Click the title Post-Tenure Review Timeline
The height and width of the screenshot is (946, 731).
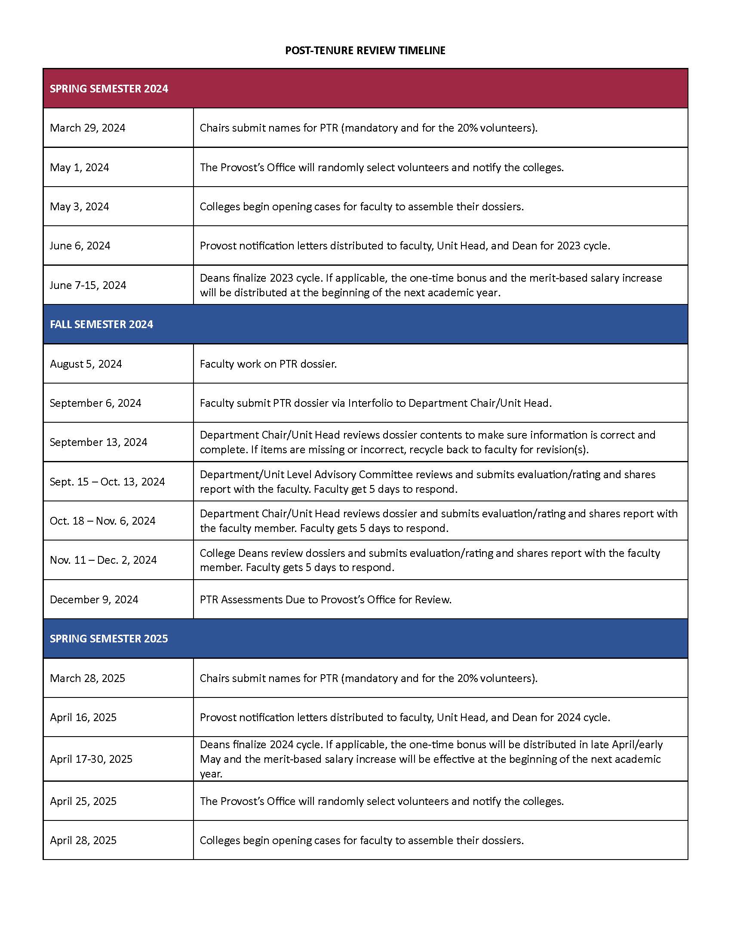(x=365, y=51)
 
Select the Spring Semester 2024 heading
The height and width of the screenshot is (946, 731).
(x=109, y=89)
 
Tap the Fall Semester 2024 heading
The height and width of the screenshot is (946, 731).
(x=101, y=324)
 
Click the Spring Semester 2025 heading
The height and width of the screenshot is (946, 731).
(x=109, y=639)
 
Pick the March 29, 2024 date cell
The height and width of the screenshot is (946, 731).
(x=87, y=128)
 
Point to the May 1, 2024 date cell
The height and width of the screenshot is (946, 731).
(x=79, y=168)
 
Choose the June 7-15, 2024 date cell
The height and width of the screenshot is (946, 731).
(x=88, y=286)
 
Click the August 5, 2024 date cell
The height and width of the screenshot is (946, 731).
(x=86, y=364)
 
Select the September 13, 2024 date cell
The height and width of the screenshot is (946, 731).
(x=98, y=442)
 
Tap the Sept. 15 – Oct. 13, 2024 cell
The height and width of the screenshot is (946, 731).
(x=107, y=482)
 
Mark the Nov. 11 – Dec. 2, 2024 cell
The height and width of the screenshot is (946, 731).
(x=103, y=560)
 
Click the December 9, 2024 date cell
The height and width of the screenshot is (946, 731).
(x=94, y=599)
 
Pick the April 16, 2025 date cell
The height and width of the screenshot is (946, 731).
(x=83, y=717)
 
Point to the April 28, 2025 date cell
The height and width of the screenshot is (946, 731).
(x=83, y=840)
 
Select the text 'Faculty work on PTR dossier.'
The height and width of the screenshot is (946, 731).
(x=268, y=364)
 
